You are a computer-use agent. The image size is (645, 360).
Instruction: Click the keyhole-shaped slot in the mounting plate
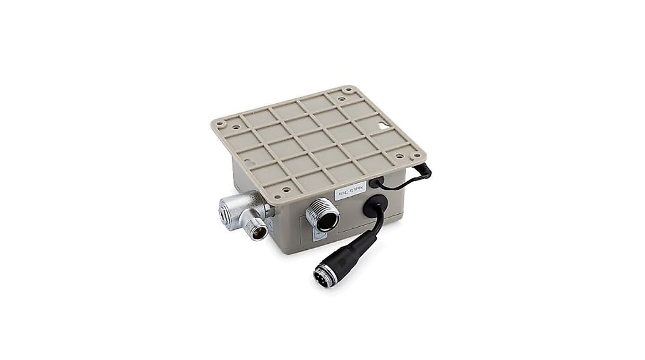[x=382, y=127]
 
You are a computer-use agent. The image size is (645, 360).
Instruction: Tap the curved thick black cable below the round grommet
[x=379, y=228]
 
